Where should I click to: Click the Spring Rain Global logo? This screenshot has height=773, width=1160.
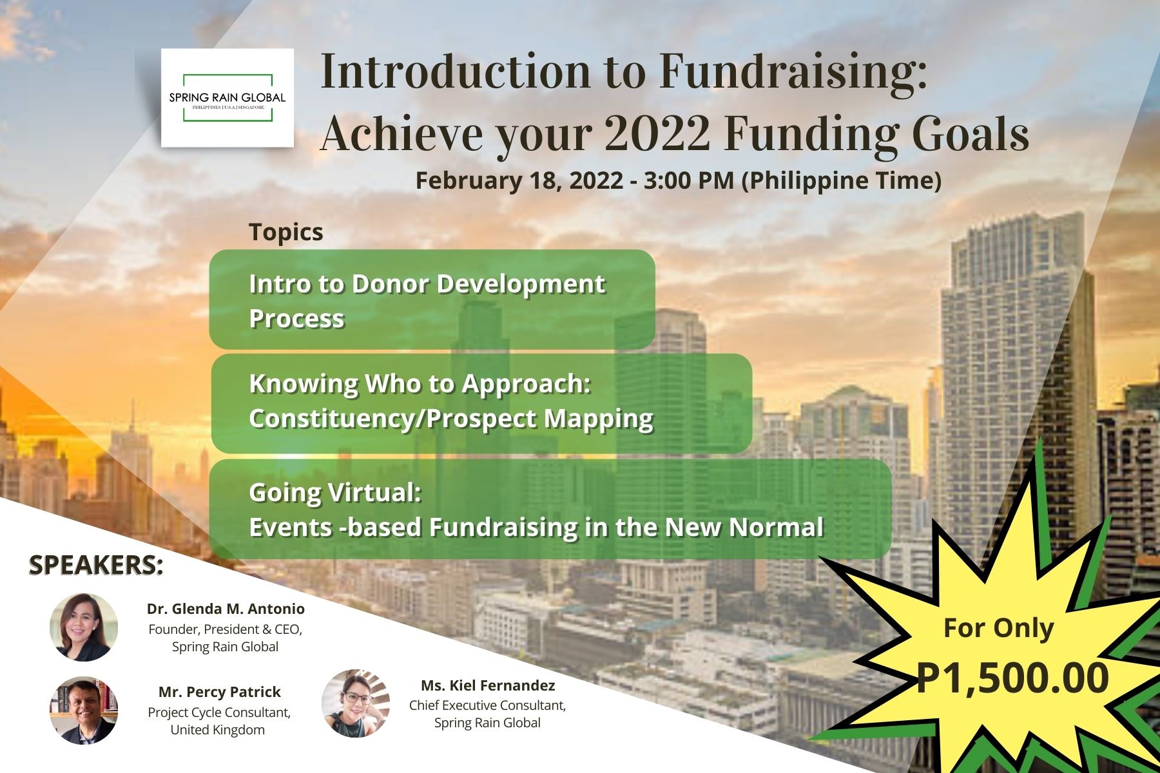pos(227,98)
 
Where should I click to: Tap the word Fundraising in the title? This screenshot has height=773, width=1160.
pos(793,72)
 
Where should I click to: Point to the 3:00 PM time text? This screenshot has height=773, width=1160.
pos(689,180)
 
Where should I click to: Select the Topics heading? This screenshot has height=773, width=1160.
pos(286,232)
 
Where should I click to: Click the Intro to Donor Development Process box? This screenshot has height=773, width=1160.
pos(432,300)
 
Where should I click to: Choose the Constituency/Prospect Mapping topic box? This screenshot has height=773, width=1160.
pos(481,403)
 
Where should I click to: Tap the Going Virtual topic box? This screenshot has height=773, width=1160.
pos(550,509)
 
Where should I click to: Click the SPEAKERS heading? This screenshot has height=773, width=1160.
pos(96,565)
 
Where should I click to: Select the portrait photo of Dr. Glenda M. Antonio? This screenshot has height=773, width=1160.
pos(84,627)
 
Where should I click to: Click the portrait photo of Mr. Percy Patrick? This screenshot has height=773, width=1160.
pos(84,710)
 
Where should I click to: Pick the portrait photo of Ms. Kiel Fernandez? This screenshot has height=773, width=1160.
pos(356,703)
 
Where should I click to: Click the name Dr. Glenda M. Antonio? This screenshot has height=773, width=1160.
pos(226,609)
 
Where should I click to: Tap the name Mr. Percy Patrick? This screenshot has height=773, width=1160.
pos(219,692)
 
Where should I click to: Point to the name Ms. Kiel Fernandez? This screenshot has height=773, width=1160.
pos(488,685)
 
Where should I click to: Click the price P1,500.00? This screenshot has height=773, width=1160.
pos(1012,678)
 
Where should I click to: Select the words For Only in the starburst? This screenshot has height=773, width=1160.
pos(998,627)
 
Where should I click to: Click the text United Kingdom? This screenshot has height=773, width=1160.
pos(217,730)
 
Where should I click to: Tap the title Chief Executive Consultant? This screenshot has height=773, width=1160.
pos(487,705)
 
